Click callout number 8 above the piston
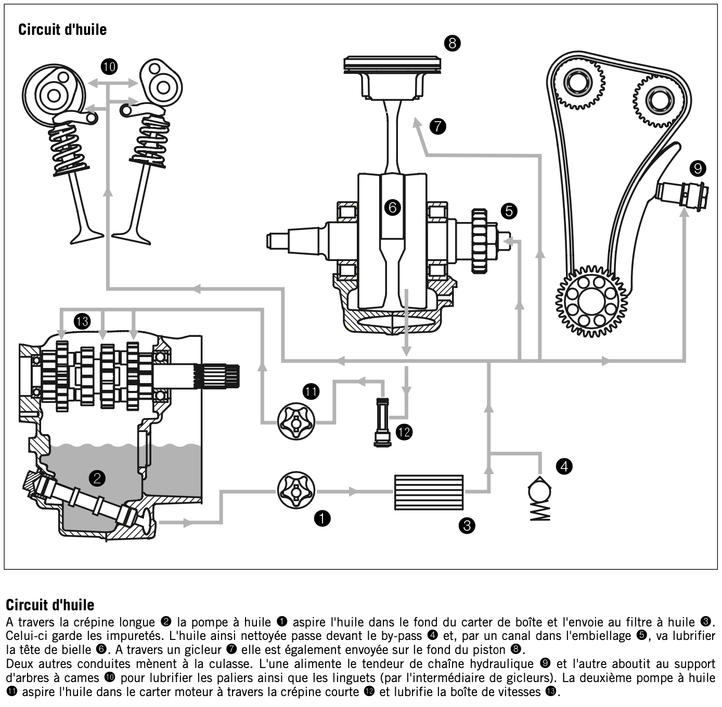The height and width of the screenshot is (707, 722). pos(452,44)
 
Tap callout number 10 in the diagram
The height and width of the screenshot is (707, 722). pos(109,67)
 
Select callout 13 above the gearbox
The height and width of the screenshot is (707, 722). pos(82,321)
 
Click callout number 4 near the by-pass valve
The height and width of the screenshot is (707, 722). pos(564,466)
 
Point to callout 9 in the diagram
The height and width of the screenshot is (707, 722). pos(698,168)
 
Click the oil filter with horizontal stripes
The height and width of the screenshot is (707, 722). pos(429,492)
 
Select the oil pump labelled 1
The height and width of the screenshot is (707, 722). pos(296,490)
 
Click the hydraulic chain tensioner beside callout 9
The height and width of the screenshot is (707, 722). pos(681,196)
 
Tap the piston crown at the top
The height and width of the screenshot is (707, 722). pos(392,62)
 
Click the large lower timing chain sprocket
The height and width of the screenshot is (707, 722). pos(591,300)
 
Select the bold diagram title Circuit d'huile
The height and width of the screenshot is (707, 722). pos(62,30)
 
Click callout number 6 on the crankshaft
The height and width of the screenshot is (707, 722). pos(392,207)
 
